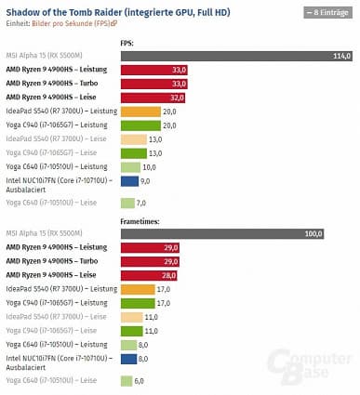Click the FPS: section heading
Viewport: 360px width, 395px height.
(127, 43)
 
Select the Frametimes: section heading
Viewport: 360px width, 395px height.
(139, 219)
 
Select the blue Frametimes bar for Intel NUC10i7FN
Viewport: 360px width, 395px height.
(127, 358)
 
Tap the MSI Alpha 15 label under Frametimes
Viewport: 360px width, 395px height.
(45, 232)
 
